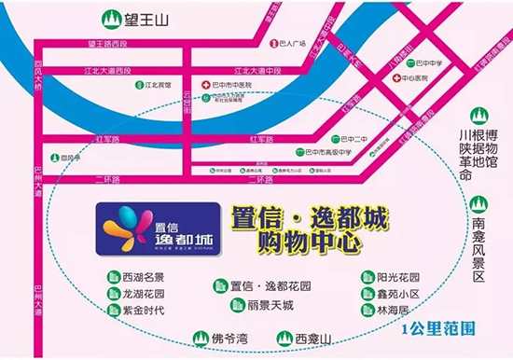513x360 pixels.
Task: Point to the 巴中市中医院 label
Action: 234,85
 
